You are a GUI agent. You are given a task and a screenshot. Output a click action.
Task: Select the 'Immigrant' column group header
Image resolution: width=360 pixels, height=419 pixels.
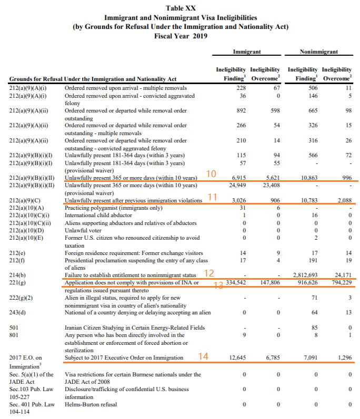point(247,52)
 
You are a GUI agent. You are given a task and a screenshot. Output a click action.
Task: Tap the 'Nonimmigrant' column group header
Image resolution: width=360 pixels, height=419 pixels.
point(318,52)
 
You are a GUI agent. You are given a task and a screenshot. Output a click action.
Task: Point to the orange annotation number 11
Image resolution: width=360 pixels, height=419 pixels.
point(213,197)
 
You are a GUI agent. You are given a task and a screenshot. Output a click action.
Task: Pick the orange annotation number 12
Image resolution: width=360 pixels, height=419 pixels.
point(208,273)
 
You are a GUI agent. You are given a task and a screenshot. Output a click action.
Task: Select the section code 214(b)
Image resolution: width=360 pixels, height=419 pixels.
point(17,275)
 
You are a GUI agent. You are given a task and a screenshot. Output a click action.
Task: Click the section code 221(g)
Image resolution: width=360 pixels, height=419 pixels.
point(17,283)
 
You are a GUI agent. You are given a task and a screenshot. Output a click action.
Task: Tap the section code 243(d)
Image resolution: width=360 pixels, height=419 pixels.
point(17,313)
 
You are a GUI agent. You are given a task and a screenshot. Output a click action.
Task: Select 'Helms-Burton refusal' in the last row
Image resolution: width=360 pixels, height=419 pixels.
point(91,404)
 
